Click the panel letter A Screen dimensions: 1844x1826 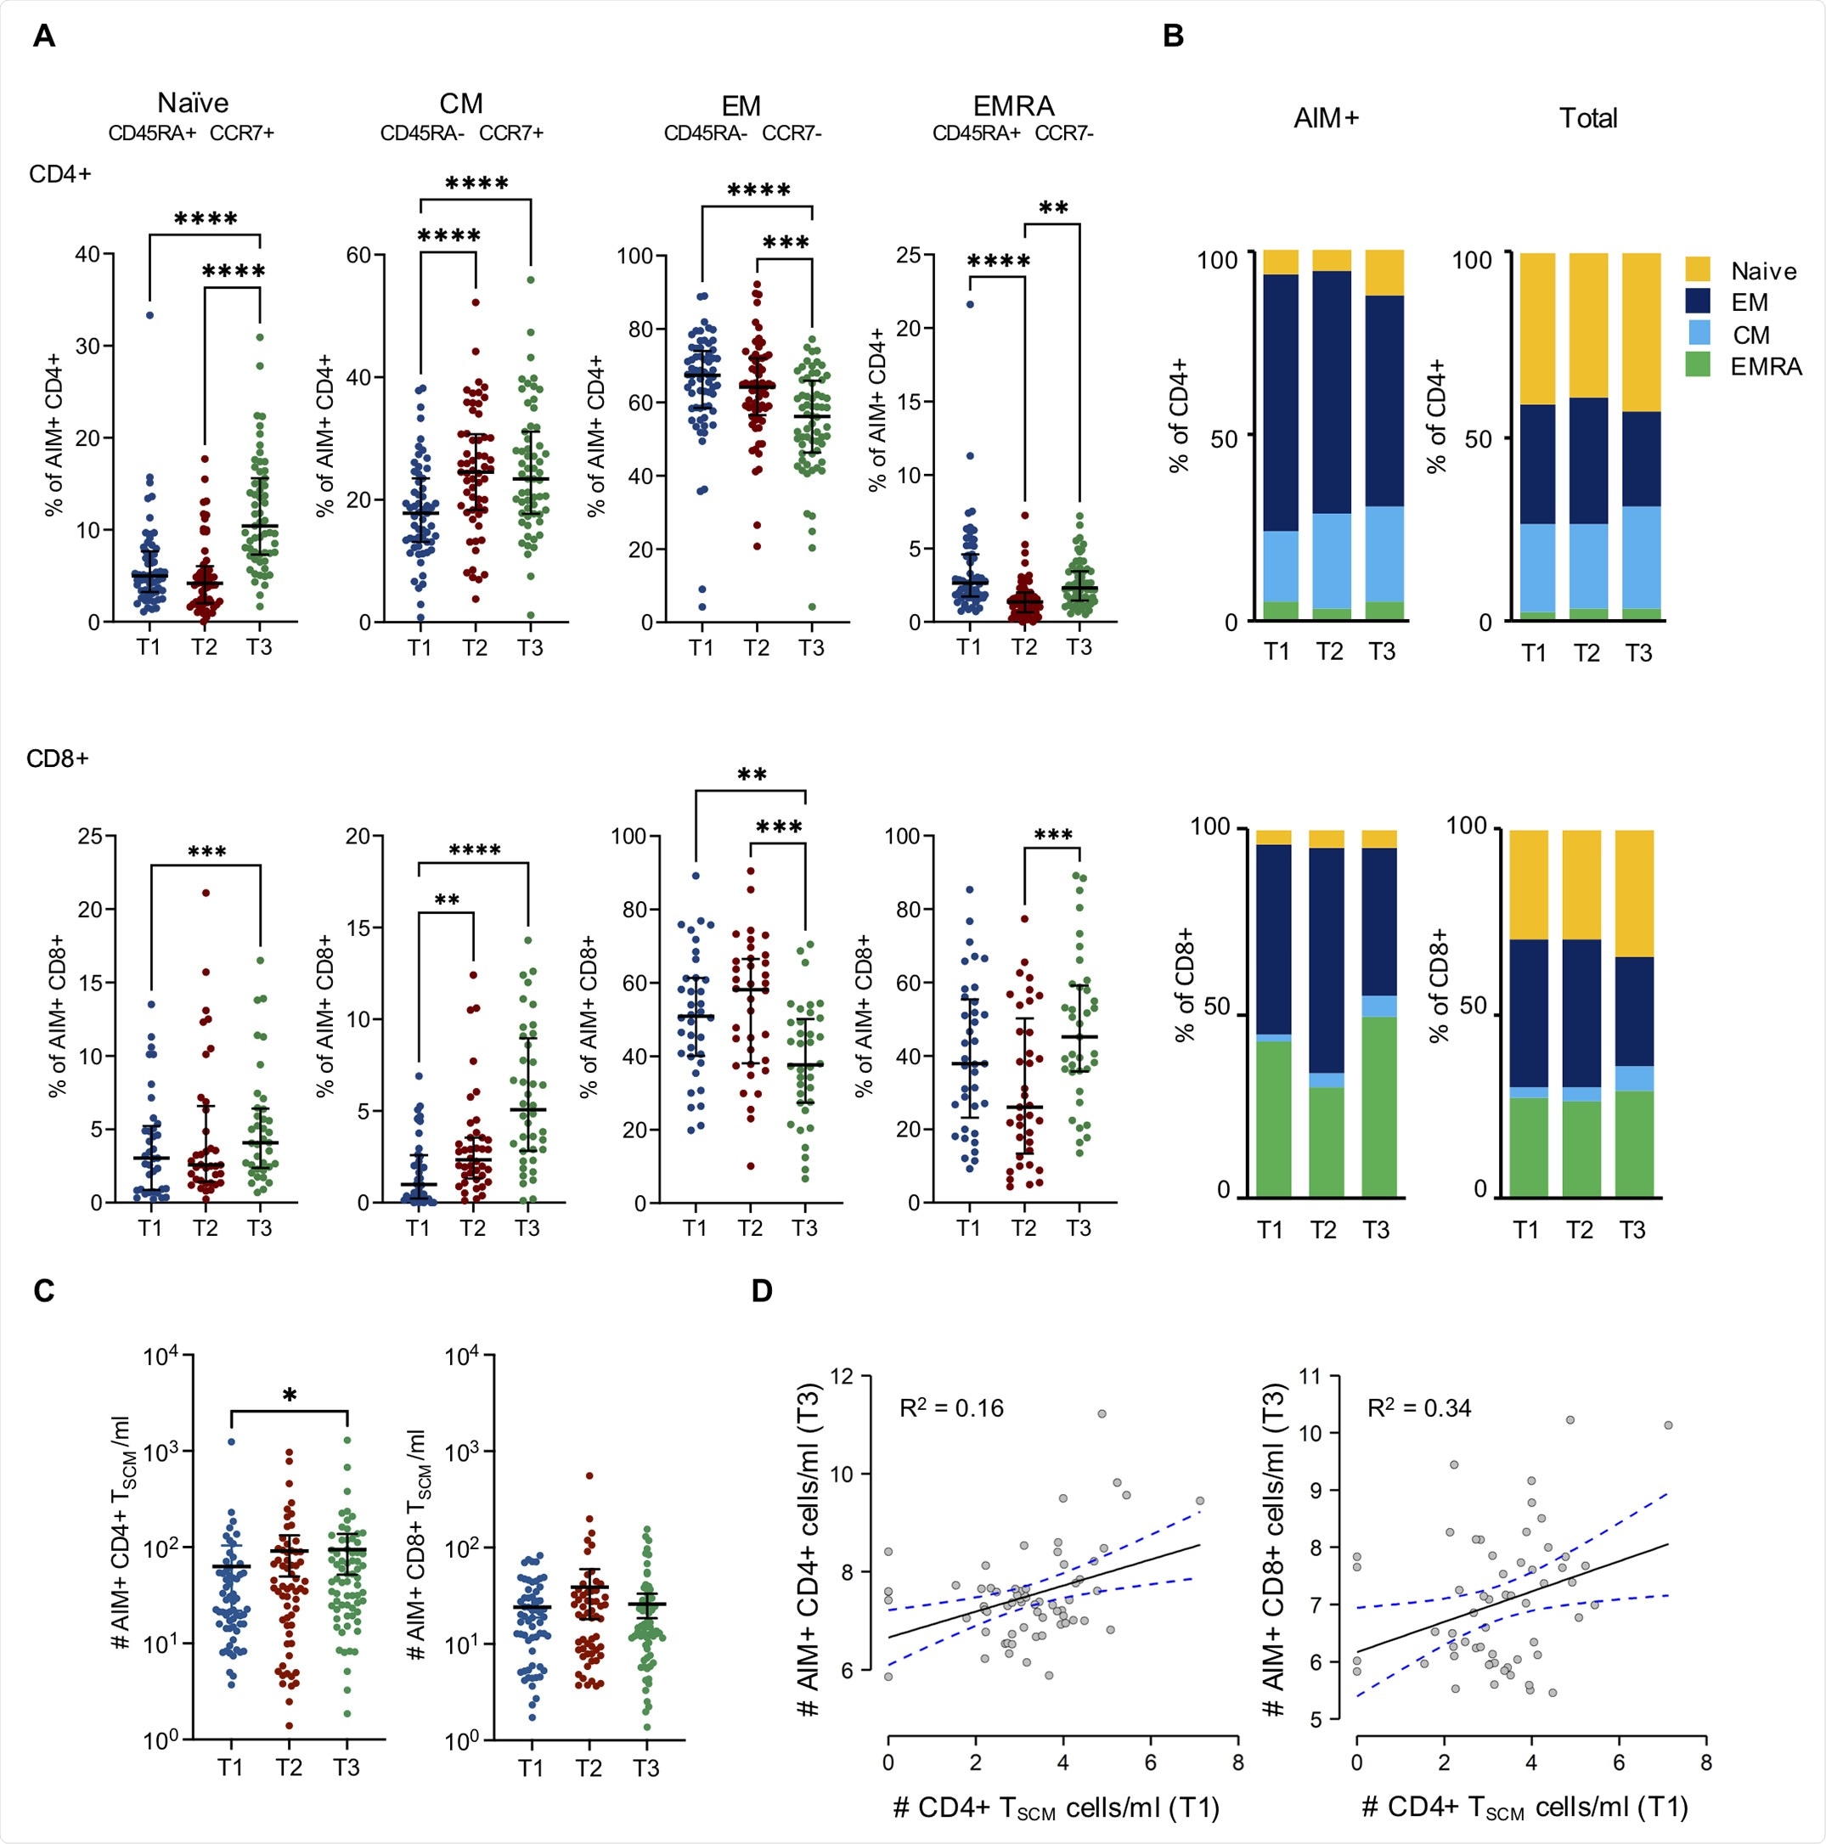pos(44,37)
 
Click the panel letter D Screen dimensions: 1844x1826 pos(761,1291)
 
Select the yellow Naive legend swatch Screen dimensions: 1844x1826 pos(1697,269)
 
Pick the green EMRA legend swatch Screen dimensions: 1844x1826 pos(1697,364)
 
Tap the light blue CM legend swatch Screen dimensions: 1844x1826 pos(1697,333)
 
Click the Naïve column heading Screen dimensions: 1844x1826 pos(193,103)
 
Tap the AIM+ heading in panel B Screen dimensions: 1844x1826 pos(1326,118)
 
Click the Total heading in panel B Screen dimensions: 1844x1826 pos(1587,118)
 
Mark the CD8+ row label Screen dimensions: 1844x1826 pos(57,758)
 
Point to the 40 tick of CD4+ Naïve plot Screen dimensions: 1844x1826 pos(87,254)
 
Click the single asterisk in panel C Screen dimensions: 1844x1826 pos(290,1396)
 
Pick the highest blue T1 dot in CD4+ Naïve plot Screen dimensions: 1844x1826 pos(149,315)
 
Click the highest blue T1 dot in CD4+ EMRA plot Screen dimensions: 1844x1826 pos(970,304)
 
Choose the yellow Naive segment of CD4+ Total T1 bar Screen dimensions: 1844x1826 pos(1536,330)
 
